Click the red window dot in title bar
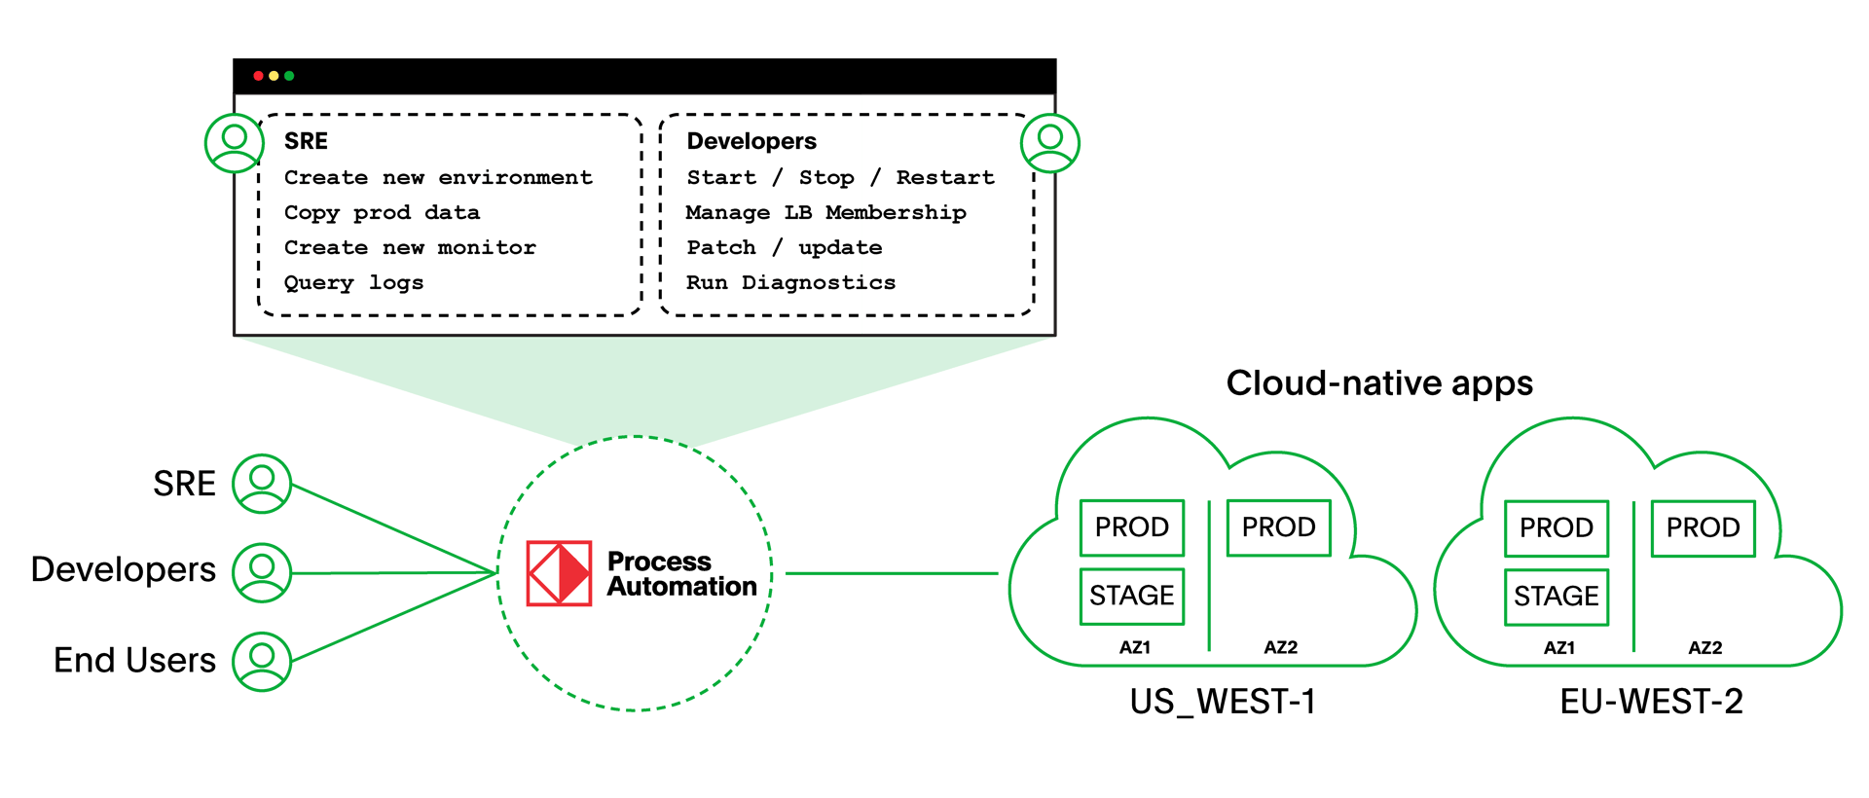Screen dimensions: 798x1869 [258, 76]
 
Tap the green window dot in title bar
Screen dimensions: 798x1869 [289, 76]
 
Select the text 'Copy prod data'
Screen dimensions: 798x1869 [382, 212]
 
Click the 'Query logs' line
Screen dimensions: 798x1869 [353, 282]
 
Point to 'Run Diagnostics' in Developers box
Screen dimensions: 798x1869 [790, 282]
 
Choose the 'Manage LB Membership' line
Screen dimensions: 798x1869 [825, 212]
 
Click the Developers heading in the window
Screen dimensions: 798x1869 [751, 141]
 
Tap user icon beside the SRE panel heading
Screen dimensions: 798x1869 [235, 142]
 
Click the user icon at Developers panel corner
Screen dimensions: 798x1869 [1050, 142]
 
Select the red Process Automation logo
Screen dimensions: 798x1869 [559, 573]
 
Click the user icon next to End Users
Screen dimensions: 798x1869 [262, 661]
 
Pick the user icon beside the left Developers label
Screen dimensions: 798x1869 [262, 571]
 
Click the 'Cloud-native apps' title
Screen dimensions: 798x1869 [1378, 382]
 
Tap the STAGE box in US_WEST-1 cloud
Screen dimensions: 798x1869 [1132, 596]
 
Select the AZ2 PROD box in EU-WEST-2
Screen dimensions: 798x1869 [1703, 527]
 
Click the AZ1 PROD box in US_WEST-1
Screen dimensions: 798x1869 [1132, 527]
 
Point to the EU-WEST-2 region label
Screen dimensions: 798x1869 [1651, 702]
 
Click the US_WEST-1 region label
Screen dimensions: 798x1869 [1223, 702]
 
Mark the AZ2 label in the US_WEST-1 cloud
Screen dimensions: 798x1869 [1280, 647]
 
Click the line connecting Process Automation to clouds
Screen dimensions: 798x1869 [891, 573]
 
